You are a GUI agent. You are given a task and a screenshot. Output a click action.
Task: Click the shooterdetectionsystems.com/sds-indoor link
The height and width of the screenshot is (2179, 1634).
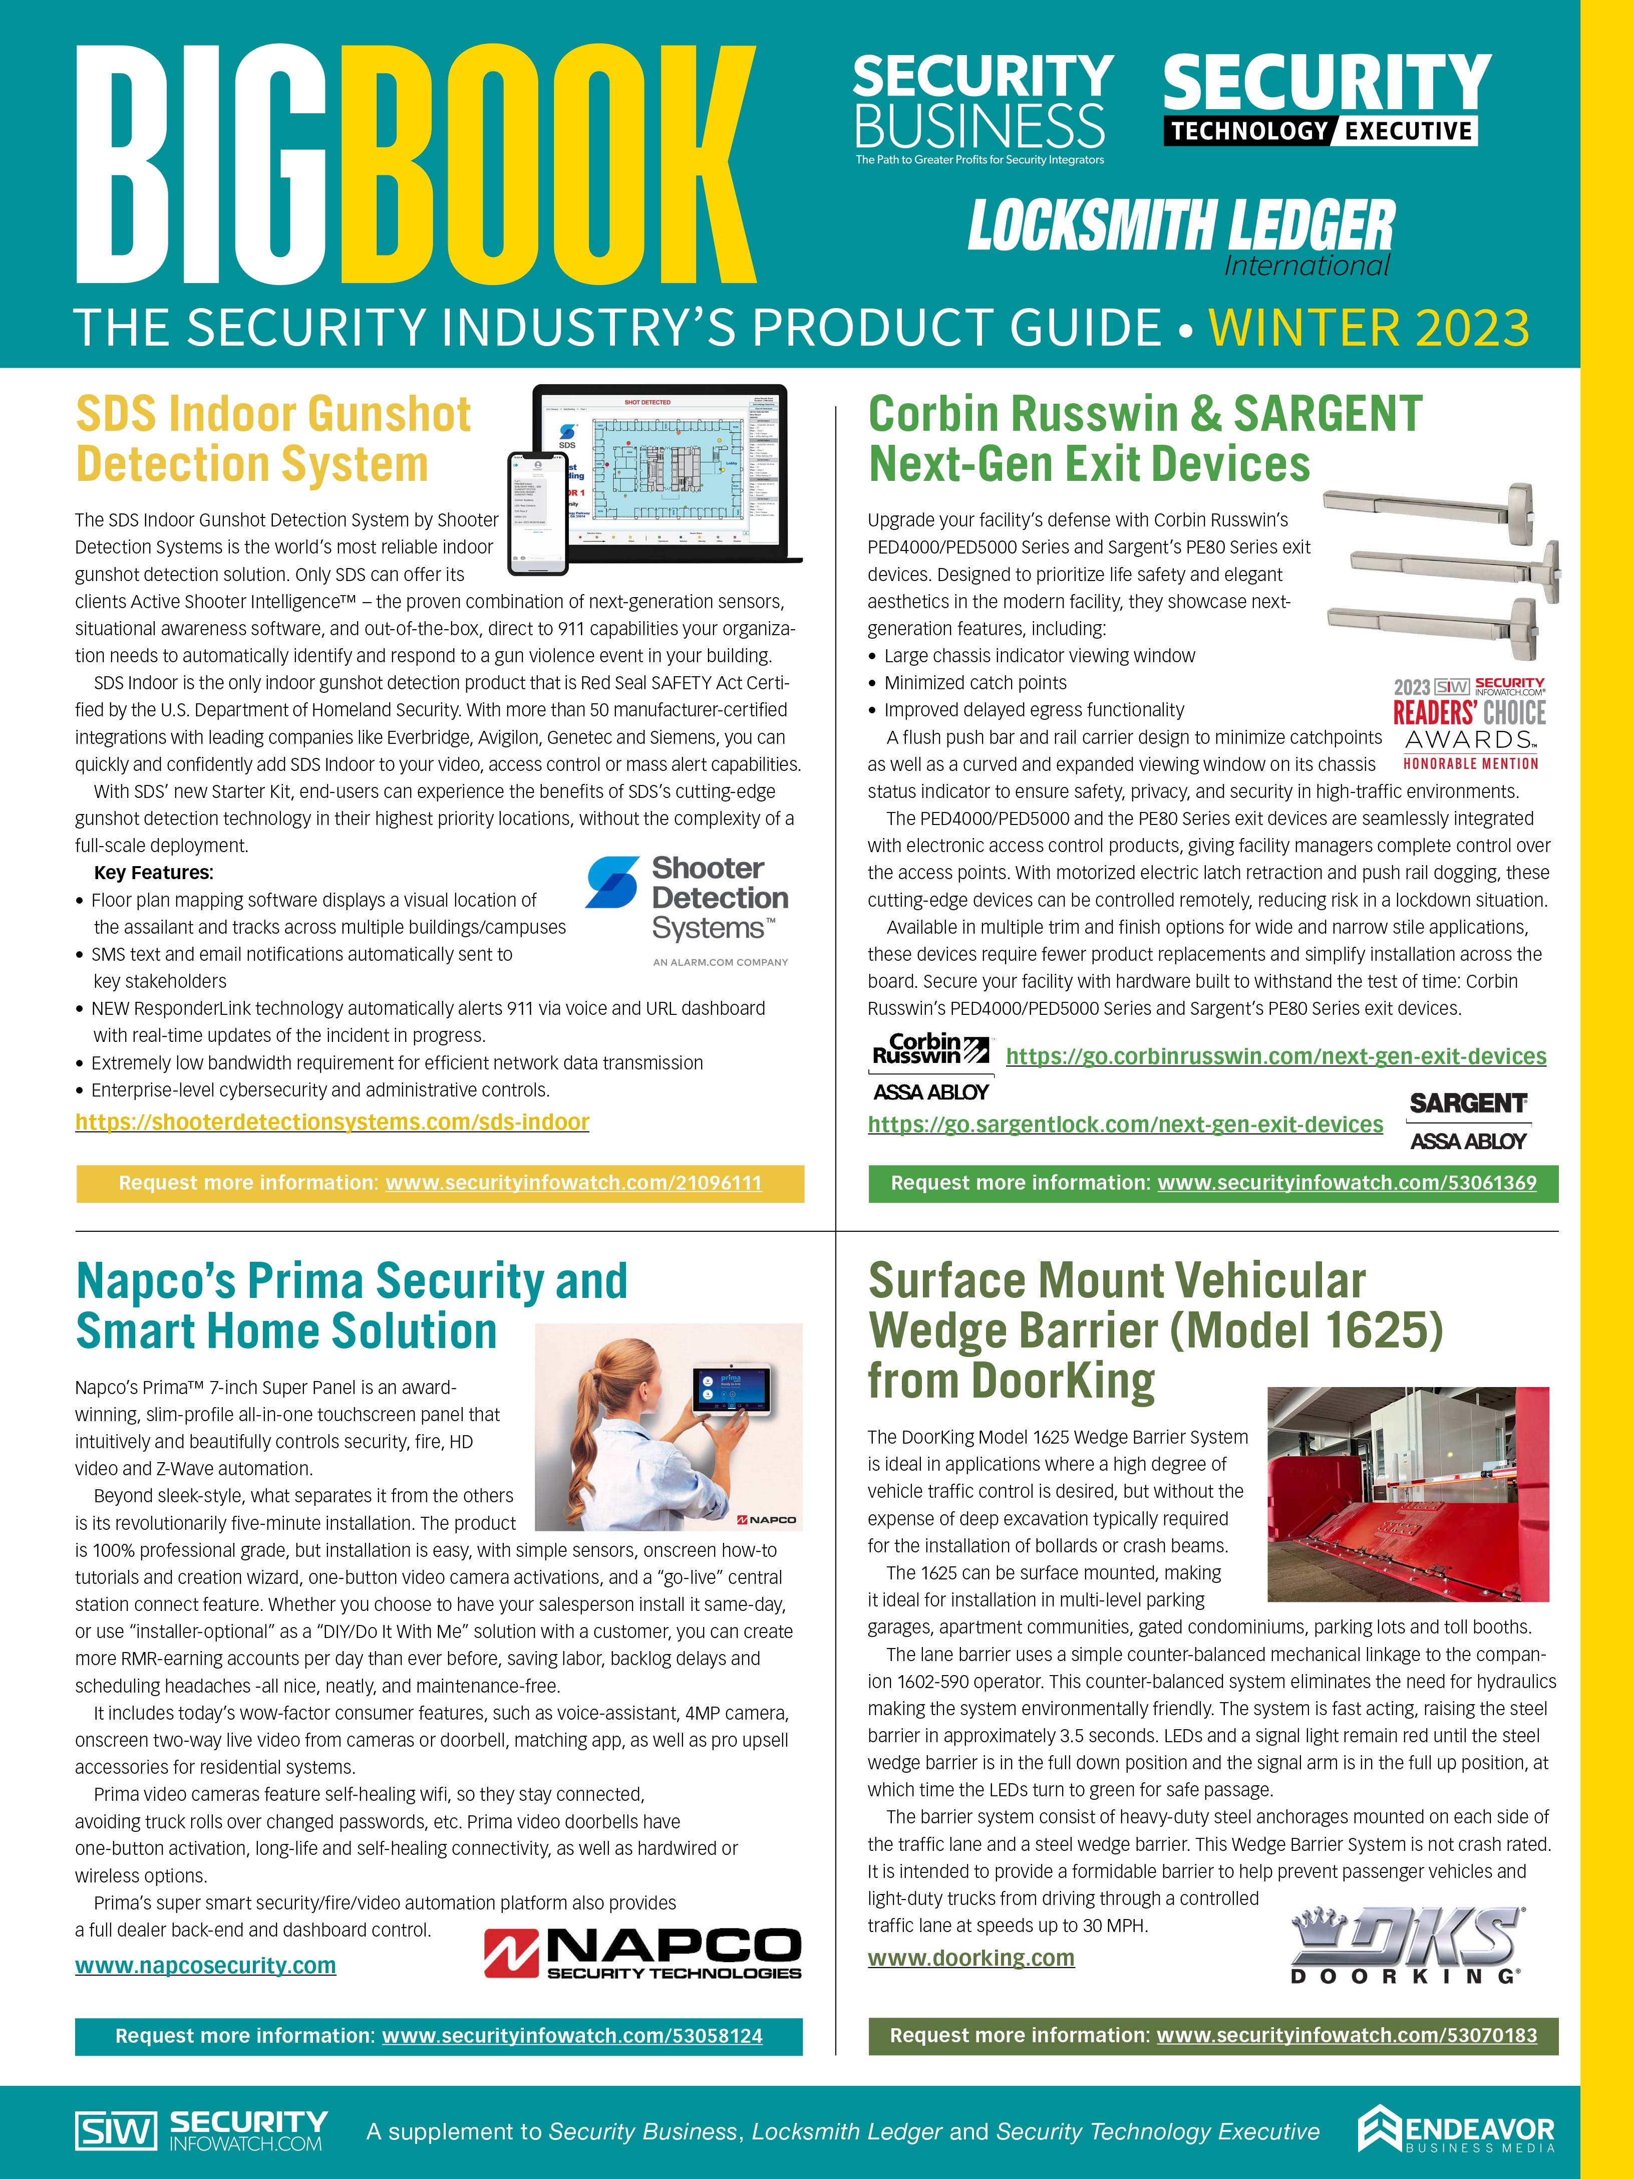332,1122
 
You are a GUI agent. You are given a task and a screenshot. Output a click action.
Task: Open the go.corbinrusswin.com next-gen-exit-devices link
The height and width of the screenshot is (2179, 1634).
1275,1056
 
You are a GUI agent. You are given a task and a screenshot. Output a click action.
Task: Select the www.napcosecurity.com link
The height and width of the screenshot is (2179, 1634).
205,1965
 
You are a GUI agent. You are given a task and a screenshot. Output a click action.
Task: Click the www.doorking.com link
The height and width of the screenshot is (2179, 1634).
970,1958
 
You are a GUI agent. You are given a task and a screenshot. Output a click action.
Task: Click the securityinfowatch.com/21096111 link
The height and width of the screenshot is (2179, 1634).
573,1183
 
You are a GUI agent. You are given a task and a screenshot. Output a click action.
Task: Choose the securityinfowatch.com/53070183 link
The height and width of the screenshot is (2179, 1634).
1346,2035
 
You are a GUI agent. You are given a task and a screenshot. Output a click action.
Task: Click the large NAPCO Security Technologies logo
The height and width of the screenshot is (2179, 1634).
642,1953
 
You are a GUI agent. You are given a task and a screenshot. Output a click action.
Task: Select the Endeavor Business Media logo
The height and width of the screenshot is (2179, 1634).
1456,2130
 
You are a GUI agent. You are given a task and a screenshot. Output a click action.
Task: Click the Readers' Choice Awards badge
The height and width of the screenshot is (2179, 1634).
1469,724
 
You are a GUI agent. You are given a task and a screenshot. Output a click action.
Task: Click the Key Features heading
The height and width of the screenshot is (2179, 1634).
154,873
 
